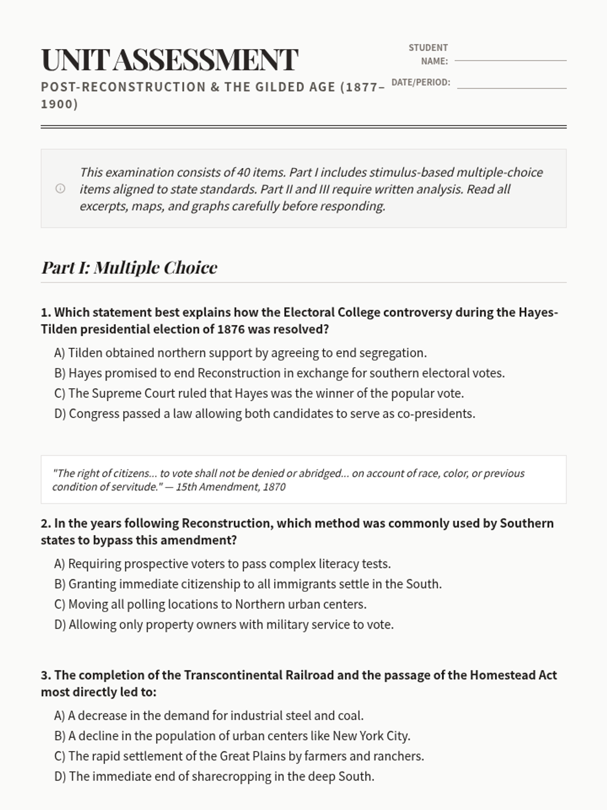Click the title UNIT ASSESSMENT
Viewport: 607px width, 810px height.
pyautogui.click(x=169, y=60)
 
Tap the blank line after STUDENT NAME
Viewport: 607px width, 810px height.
pyautogui.click(x=510, y=61)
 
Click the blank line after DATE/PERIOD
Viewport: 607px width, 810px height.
pyautogui.click(x=511, y=88)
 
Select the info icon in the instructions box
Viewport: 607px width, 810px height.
pyautogui.click(x=60, y=189)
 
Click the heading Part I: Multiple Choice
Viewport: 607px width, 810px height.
pyautogui.click(x=129, y=267)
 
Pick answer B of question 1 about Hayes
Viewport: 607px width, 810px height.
pyautogui.click(x=279, y=373)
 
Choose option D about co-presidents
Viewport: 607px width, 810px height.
pyautogui.click(x=265, y=414)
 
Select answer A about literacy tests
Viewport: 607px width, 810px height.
pyautogui.click(x=223, y=564)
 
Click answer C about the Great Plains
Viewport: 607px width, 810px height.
pyautogui.click(x=239, y=756)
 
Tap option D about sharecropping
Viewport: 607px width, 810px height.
pyautogui.click(x=214, y=776)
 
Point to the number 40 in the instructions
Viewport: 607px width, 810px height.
pyautogui.click(x=243, y=172)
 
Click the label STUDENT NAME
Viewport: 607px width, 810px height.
pyautogui.click(x=428, y=54)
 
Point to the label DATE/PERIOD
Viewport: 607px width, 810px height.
pyautogui.click(x=420, y=82)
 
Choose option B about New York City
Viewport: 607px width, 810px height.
pyautogui.click(x=232, y=736)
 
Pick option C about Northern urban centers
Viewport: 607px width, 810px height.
pyautogui.click(x=210, y=604)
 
